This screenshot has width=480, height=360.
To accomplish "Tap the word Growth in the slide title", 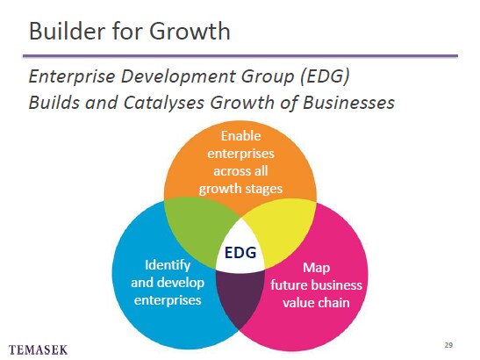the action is click(190, 31).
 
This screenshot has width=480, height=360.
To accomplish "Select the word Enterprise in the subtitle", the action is click(72, 76).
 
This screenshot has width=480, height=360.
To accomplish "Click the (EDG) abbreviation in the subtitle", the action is click(325, 76).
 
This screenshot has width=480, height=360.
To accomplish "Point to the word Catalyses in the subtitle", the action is click(164, 103).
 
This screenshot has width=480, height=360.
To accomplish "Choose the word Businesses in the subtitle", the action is click(348, 103).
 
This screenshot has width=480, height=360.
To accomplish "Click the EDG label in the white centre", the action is click(240, 253).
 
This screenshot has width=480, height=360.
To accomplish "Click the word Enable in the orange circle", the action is click(241, 136).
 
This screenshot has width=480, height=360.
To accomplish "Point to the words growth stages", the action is click(240, 190).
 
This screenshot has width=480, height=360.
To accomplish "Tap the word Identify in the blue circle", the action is click(168, 266).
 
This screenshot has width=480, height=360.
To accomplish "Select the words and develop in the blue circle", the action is click(168, 283).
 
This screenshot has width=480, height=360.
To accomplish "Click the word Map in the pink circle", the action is click(316, 269).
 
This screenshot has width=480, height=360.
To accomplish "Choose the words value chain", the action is click(316, 303).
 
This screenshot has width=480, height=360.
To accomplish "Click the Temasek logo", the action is click(38, 349).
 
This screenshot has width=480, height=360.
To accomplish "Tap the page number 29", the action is click(448, 345).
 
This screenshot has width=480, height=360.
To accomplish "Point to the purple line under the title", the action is click(240, 56).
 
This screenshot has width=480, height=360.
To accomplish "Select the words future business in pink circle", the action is click(316, 285).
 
